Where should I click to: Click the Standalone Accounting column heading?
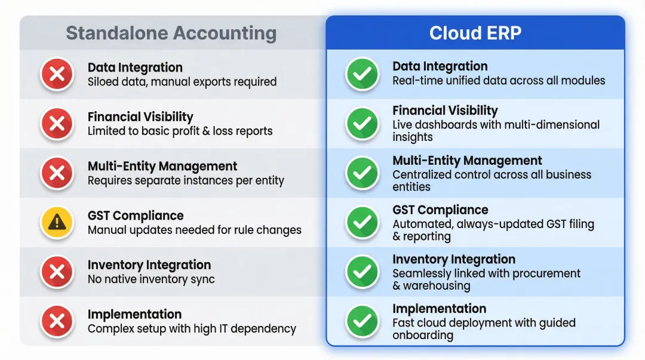(171, 33)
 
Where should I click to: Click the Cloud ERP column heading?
(475, 33)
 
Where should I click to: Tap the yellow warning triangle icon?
(57, 222)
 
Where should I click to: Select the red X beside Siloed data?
(57, 74)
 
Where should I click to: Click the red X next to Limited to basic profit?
(57, 124)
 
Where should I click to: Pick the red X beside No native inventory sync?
(57, 272)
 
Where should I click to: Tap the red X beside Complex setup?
(57, 321)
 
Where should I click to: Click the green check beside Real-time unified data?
(363, 74)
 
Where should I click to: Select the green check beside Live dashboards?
(363, 124)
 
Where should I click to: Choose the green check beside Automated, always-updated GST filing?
(363, 222)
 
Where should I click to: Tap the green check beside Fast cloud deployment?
(363, 321)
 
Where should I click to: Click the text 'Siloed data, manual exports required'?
(182, 82)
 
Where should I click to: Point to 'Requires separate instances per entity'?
(186, 181)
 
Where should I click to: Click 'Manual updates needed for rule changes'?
(194, 230)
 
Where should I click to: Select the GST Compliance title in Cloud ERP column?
(440, 210)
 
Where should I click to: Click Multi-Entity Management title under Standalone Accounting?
(162, 166)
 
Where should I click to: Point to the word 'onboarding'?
(422, 335)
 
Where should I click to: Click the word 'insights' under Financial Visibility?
(412, 137)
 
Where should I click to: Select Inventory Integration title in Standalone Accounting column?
(149, 265)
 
